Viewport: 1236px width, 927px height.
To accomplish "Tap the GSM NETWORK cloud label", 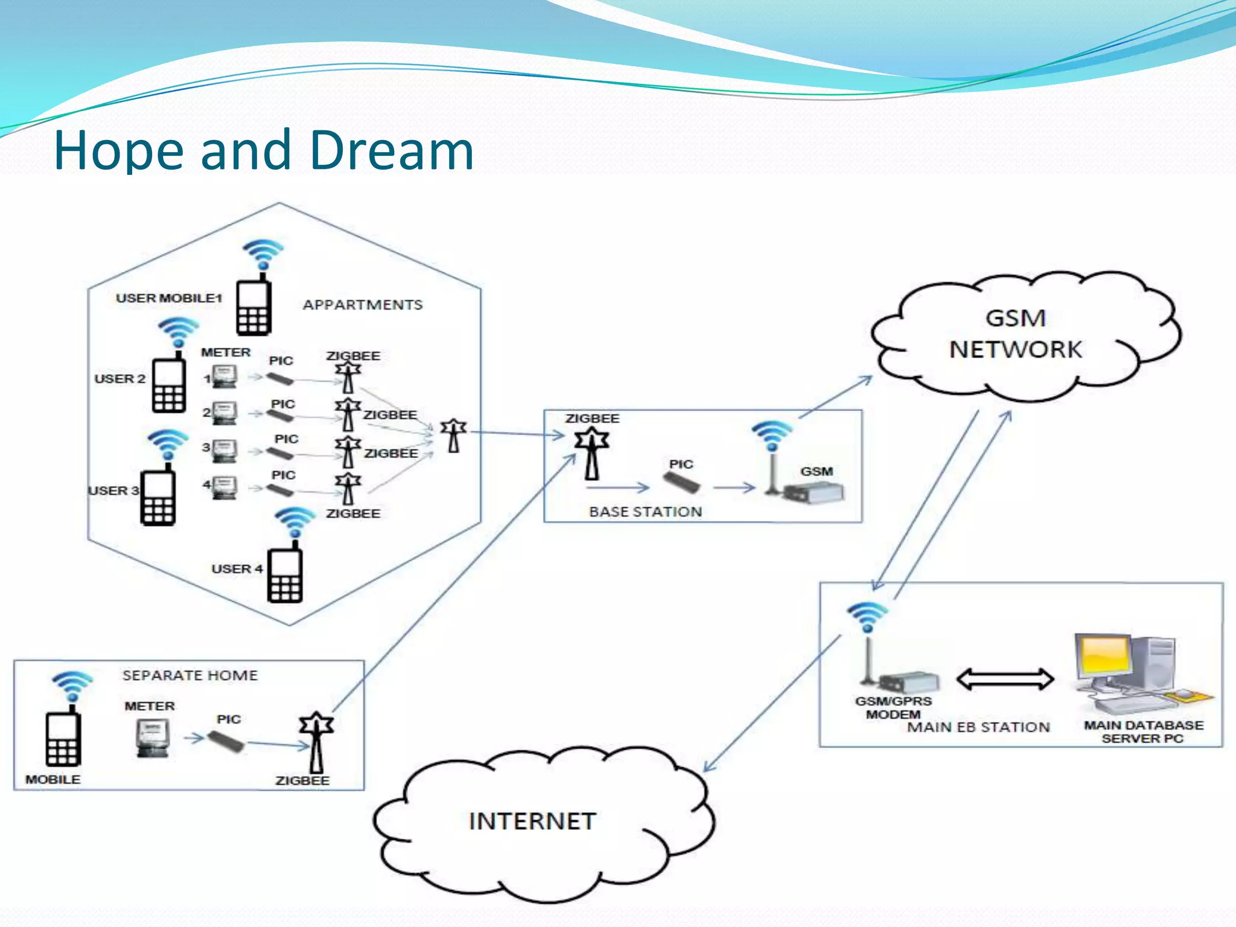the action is (1016, 334).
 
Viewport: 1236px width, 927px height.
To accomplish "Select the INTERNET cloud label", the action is (532, 821).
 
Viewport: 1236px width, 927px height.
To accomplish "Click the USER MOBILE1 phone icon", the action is (253, 306).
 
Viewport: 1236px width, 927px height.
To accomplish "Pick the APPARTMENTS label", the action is (363, 305).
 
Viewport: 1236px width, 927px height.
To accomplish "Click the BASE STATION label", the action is (646, 512).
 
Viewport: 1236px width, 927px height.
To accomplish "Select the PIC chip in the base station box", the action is (682, 482).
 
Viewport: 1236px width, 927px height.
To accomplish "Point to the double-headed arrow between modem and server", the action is (1005, 679).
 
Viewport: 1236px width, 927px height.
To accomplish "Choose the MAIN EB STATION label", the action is (979, 727).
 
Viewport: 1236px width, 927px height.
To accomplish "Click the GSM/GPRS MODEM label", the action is (893, 708).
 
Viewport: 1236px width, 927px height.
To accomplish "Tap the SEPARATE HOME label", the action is (190, 675).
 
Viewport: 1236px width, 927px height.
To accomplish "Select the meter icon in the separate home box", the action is (152, 738).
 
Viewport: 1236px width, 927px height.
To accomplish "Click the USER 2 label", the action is (119, 379).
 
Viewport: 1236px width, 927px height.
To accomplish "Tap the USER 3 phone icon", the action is (158, 495).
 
